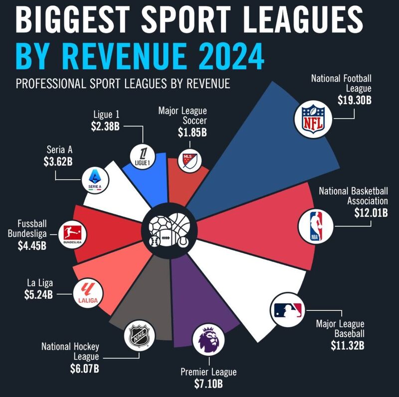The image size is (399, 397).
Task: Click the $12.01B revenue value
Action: click(370, 213)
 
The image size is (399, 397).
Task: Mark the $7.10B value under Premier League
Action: click(208, 385)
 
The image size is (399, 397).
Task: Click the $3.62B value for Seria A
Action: click(57, 161)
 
